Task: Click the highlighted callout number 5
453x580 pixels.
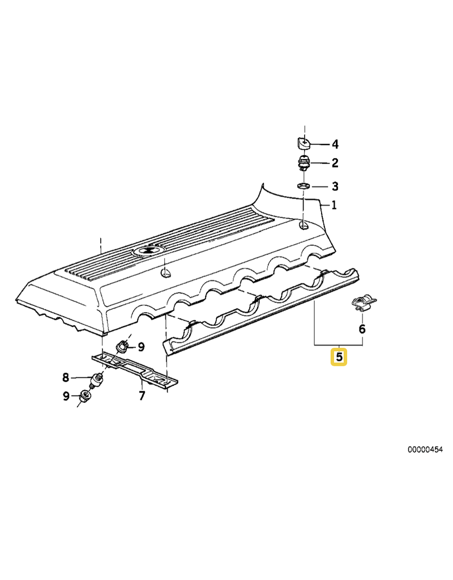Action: [x=339, y=357]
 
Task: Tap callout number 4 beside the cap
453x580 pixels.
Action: [x=335, y=144]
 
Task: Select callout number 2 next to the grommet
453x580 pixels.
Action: [x=335, y=163]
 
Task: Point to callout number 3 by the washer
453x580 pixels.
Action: [x=335, y=186]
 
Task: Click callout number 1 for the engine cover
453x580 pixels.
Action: [x=334, y=205]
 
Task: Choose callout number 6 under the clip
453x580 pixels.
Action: [x=362, y=329]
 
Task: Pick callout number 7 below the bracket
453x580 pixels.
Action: [x=142, y=395]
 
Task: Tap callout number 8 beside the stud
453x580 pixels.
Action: [x=66, y=377]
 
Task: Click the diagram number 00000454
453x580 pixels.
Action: [x=425, y=449]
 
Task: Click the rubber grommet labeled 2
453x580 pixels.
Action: [x=304, y=163]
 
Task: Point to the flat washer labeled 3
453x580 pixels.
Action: [x=304, y=185]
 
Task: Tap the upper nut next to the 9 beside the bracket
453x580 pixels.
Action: [x=122, y=347]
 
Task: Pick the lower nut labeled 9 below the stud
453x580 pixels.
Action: [x=85, y=397]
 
